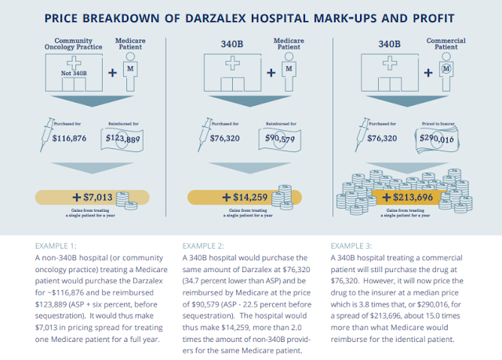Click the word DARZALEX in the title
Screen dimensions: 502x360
216,18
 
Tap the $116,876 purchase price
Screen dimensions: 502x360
69,138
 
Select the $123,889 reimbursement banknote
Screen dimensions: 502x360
122,139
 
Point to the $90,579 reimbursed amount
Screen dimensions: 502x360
280,138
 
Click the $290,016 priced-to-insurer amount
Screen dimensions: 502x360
437,139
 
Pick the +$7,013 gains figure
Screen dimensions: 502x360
93,197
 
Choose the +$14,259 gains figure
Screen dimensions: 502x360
245,197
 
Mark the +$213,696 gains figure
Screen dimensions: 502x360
408,197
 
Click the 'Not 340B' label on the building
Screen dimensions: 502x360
74,73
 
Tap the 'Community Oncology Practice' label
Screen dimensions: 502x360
73,44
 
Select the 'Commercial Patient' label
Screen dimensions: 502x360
446,44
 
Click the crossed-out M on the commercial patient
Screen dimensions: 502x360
446,68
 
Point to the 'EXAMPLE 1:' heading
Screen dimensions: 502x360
56,245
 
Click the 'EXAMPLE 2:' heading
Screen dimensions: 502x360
203,245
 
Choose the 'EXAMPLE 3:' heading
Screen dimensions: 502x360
351,245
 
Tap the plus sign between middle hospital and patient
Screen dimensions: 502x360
271,73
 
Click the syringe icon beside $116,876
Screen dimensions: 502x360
47,135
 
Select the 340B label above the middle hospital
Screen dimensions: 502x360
232,44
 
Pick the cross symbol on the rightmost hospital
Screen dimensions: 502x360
390,63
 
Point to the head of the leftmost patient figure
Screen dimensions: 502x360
130,56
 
